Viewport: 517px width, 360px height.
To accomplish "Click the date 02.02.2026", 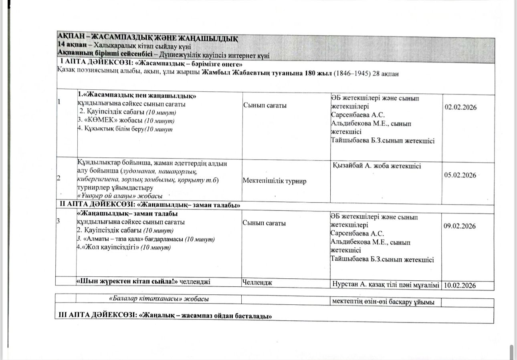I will pos(460,108).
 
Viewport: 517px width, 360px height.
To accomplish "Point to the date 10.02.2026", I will pos(460,286).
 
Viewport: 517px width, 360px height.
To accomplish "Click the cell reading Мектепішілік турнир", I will pos(275,181).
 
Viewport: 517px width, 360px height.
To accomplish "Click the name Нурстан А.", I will pos(348,285).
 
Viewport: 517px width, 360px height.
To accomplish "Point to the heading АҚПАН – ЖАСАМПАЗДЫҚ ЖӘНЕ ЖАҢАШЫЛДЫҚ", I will pos(148,39).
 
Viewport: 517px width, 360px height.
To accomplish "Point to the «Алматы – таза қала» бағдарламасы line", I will pos(145,239).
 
